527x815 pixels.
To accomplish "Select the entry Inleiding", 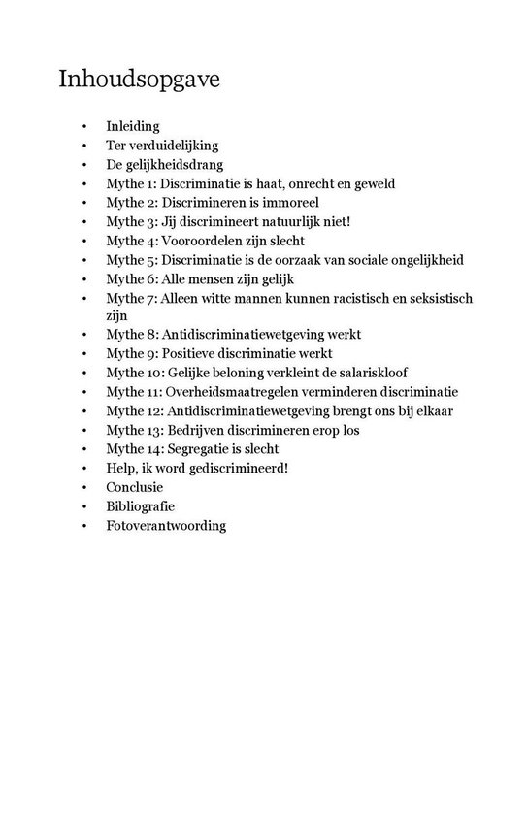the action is pyautogui.click(x=133, y=127).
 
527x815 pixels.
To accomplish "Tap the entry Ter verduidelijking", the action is pyautogui.click(x=161, y=146).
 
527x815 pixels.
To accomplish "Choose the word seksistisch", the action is pyautogui.click(x=434, y=298).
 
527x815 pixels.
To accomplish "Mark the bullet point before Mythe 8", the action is pyautogui.click(x=84, y=335).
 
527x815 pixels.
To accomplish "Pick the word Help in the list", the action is pyautogui.click(x=122, y=468).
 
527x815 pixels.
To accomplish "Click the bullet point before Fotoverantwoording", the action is pyautogui.click(x=84, y=525).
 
